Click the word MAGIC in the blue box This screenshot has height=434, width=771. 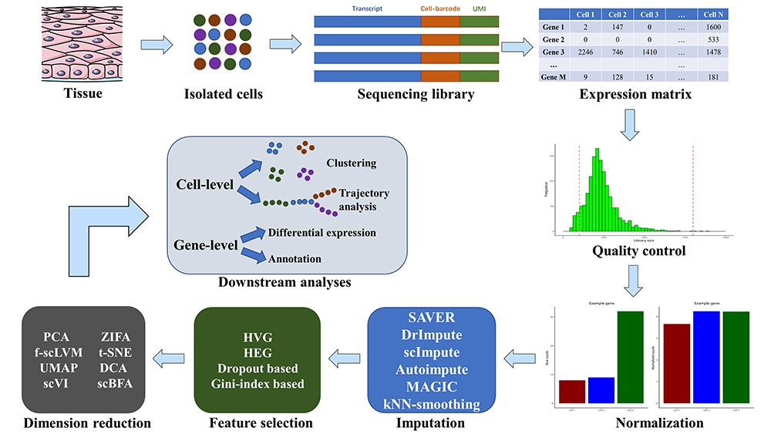click(x=431, y=386)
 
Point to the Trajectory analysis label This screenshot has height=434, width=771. click(x=363, y=199)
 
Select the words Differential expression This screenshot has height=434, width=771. click(x=322, y=232)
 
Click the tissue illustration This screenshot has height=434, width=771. click(x=51, y=42)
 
